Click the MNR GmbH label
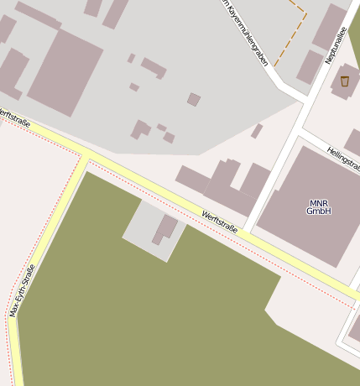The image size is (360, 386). tap(318, 206)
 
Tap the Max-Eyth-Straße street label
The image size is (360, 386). tap(23, 290)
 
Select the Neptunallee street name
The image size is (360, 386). tap(333, 44)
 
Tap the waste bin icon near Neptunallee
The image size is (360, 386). tap(344, 81)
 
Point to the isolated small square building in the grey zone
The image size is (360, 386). tap(194, 100)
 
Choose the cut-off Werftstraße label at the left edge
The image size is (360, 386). tap(15, 118)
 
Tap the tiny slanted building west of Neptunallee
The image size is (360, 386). tap(257, 131)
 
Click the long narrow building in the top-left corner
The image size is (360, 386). tap(38, 15)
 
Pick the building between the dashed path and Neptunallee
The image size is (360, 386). tap(310, 67)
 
